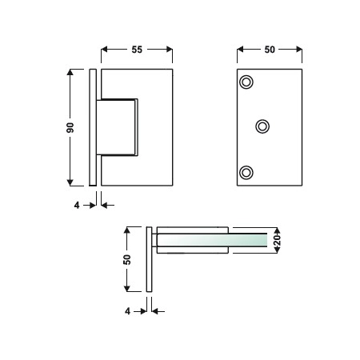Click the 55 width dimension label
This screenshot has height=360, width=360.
137,50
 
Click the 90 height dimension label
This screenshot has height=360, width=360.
70,128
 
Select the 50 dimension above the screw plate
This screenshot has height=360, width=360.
270,50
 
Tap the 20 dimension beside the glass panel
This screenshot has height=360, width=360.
278,240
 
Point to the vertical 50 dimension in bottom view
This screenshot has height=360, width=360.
127,259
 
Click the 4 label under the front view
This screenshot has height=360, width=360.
77,205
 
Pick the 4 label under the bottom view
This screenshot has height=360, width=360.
128,311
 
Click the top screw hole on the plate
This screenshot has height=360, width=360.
246,82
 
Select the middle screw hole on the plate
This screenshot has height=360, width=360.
262,126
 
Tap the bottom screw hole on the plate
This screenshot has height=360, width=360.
246,173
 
